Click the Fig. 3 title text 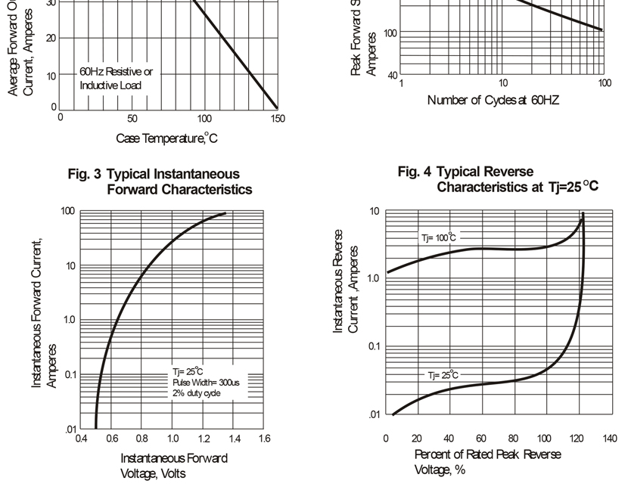click(x=160, y=181)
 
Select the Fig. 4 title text click(x=498, y=179)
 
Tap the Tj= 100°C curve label click(x=439, y=238)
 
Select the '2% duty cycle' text click(x=197, y=393)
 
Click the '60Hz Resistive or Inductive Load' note click(x=116, y=78)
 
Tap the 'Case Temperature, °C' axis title click(x=166, y=138)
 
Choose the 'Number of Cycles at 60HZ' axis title click(x=493, y=100)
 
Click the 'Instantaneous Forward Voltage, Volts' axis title click(x=173, y=465)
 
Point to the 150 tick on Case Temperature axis click(x=278, y=119)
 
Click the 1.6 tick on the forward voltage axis click(x=264, y=438)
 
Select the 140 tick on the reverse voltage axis click(x=609, y=438)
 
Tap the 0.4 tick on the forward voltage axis click(x=81, y=438)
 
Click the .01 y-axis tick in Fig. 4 click(x=374, y=414)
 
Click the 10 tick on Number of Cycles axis click(x=502, y=82)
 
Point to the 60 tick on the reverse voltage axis click(x=481, y=438)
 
